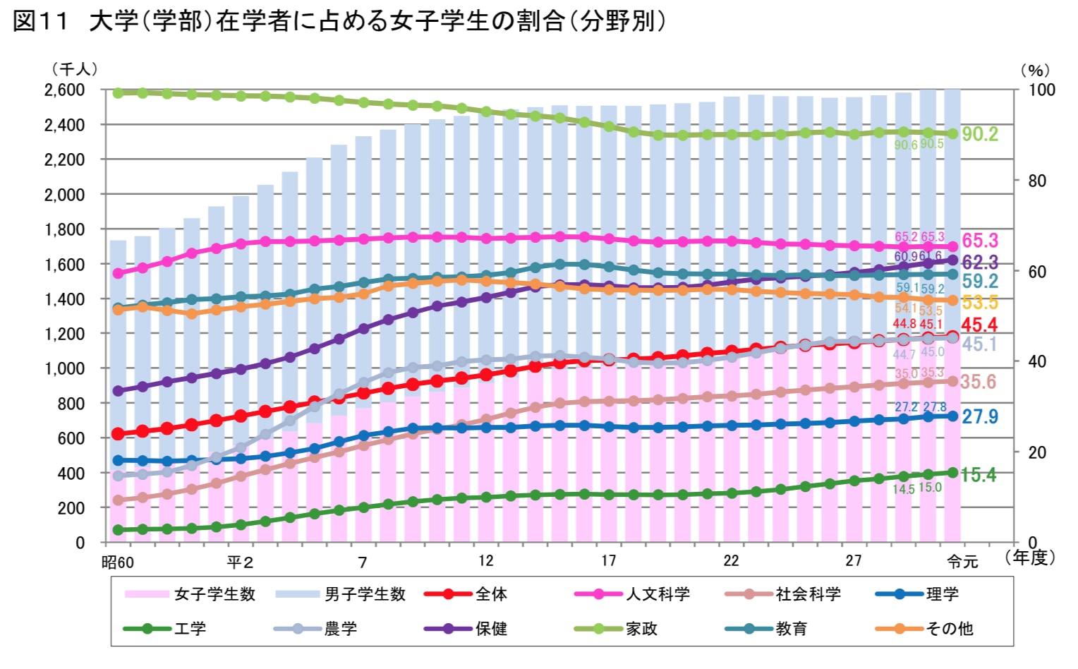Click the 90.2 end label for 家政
point(980,134)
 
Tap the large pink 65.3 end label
point(980,241)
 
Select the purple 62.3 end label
point(980,263)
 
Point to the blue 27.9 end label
point(980,416)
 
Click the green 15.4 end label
point(979,475)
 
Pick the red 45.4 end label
point(979,325)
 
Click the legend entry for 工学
point(190,628)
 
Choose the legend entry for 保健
point(491,628)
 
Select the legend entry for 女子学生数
point(214,594)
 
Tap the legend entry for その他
point(949,628)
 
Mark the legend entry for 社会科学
point(808,594)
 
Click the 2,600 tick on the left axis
point(64,90)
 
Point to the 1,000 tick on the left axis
point(64,368)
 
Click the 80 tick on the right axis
point(1036,181)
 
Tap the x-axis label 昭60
point(117,562)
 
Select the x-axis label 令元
point(962,562)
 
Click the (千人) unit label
point(74,69)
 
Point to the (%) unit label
point(1035,71)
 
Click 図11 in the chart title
point(40,21)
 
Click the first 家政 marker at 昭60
point(119,92)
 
